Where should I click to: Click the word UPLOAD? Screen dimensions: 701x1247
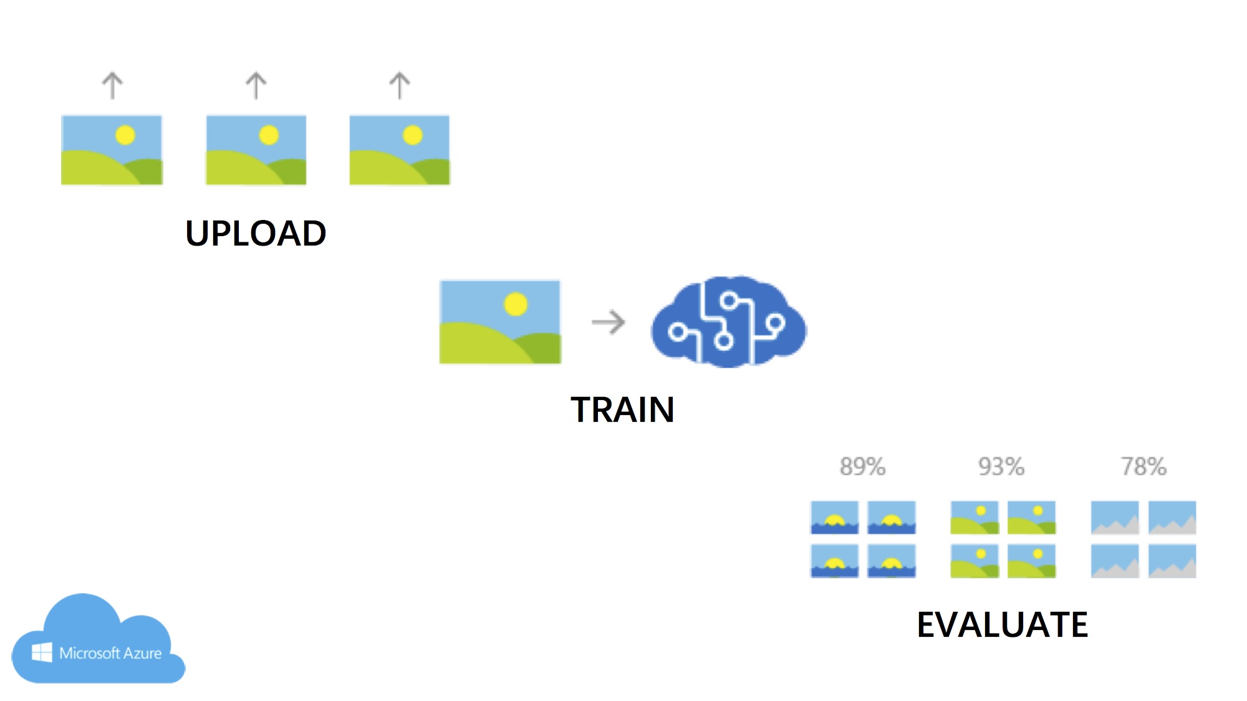[x=256, y=234]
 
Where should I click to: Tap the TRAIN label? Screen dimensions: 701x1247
[x=622, y=410]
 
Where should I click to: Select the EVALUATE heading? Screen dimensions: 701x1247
[x=1002, y=624]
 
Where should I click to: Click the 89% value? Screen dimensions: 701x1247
[x=862, y=467]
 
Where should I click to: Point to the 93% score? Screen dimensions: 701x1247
[x=1001, y=467]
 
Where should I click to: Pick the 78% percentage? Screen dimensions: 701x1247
[x=1143, y=467]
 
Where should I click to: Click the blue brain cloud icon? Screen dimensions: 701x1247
[x=728, y=322]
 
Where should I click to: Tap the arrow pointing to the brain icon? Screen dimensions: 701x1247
[x=608, y=322]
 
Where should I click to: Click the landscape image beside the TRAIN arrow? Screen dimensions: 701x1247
[x=500, y=322]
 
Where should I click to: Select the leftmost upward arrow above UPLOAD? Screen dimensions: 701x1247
[x=113, y=85]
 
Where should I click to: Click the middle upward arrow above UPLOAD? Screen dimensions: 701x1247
[x=256, y=85]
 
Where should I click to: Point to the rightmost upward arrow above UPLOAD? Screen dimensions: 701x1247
[x=400, y=85]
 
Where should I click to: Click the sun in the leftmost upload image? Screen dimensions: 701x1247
[x=125, y=135]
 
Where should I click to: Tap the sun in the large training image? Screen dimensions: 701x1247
[x=516, y=304]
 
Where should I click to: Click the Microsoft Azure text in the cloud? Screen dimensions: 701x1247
[x=110, y=653]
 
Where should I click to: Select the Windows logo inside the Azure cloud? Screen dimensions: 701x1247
[x=42, y=652]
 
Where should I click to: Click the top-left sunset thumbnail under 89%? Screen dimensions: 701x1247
[x=834, y=518]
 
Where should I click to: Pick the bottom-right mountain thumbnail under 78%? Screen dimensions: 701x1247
[x=1172, y=561]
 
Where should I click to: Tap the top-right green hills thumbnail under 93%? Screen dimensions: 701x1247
[x=1031, y=518]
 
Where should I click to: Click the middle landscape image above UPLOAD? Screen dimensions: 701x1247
[x=256, y=150]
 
